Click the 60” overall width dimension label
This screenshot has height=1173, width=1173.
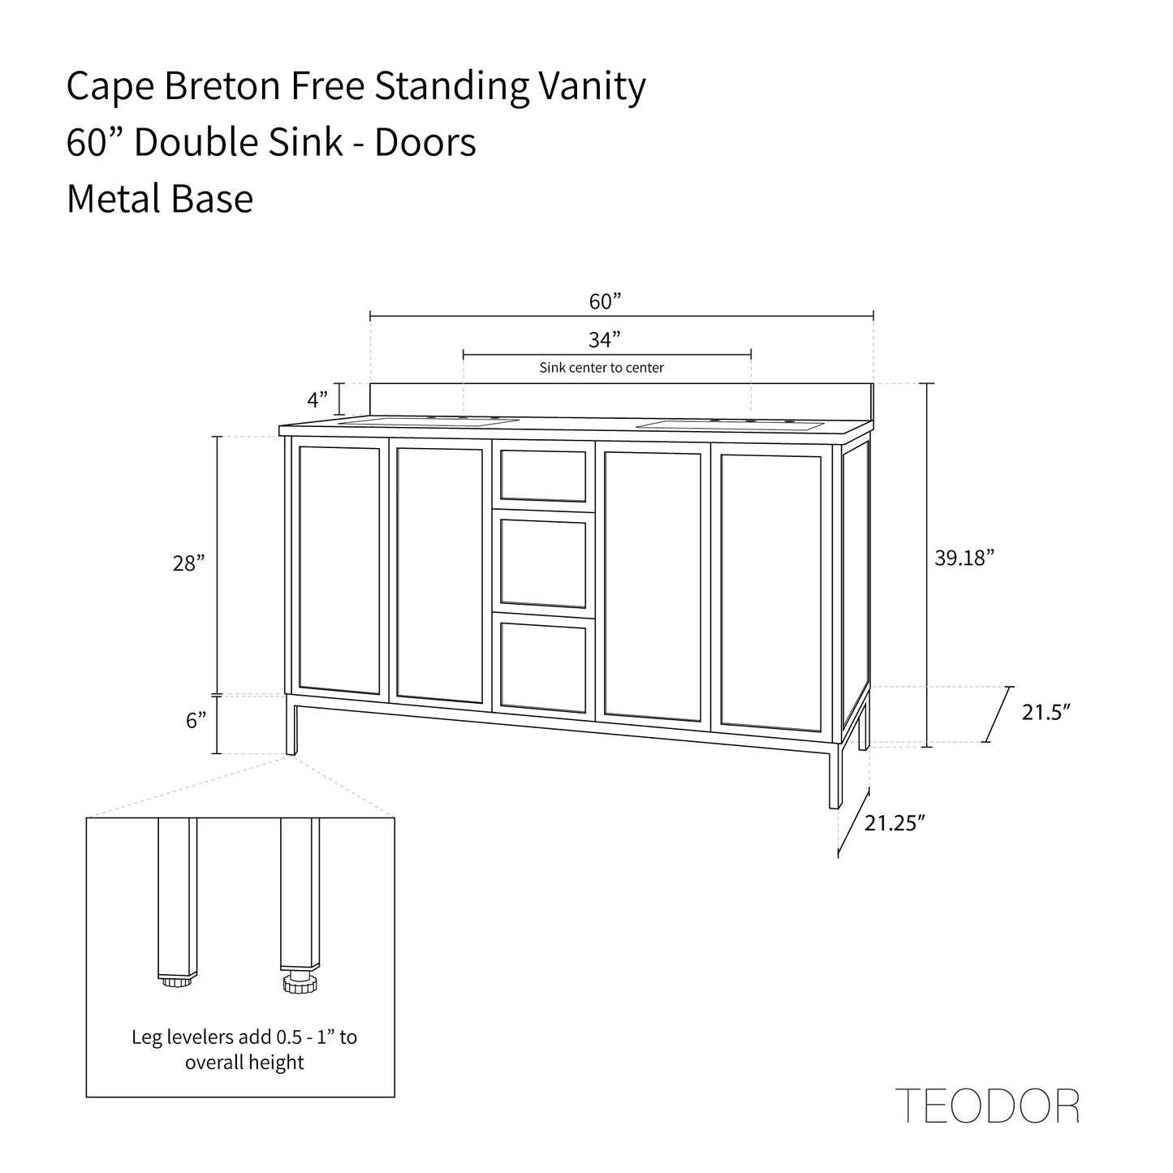click(x=605, y=302)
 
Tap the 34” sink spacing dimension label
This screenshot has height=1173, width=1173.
click(x=605, y=339)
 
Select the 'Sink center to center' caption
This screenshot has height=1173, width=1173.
click(x=602, y=368)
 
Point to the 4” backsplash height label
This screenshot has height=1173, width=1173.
click(x=317, y=399)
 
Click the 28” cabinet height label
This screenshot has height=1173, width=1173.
click(x=188, y=563)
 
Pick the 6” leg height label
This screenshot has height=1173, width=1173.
click(x=196, y=720)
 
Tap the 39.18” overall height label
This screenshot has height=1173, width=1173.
click(x=964, y=558)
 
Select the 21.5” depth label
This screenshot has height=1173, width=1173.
click(x=1046, y=713)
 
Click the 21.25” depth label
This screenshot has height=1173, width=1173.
click(x=895, y=823)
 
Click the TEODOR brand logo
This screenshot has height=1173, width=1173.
click(x=987, y=1106)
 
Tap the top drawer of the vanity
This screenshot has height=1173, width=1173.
click(x=543, y=475)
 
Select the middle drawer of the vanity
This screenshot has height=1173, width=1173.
click(x=543, y=564)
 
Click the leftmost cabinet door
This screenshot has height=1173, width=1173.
click(x=339, y=570)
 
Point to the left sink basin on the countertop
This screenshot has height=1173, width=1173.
click(x=428, y=422)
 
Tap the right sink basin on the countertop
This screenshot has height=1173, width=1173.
click(x=728, y=425)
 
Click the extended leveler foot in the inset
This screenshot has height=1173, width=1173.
click(x=300, y=983)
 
